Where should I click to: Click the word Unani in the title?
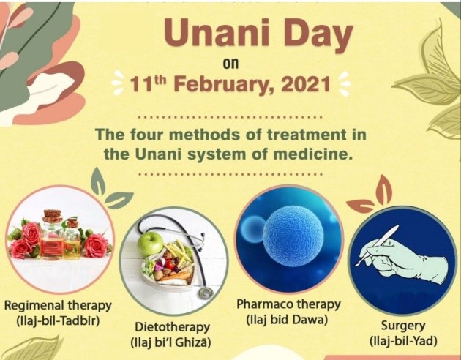217,33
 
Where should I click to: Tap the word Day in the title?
318,36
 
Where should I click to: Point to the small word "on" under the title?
230,64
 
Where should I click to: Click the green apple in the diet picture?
150,244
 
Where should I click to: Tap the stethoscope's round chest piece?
206,293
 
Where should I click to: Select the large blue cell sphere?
293,236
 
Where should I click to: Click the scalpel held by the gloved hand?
377,245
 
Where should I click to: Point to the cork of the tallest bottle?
52,215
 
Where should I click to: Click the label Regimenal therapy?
58,306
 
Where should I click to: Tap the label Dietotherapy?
172,328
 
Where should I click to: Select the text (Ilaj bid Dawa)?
287,319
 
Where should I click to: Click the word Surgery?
403,326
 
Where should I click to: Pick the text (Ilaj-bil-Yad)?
403,341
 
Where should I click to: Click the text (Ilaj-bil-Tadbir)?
58,320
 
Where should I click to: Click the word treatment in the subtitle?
307,135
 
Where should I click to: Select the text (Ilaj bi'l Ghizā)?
170,342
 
